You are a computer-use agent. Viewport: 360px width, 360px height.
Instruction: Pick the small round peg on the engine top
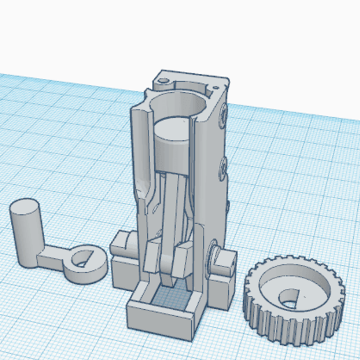(x=164, y=81)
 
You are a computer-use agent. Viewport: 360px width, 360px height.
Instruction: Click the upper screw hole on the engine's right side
(x=223, y=111)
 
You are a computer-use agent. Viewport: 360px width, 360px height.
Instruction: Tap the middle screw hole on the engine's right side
(x=223, y=165)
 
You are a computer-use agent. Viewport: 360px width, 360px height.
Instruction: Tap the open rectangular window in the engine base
(x=169, y=297)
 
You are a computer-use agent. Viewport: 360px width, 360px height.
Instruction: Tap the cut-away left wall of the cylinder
(x=139, y=153)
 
